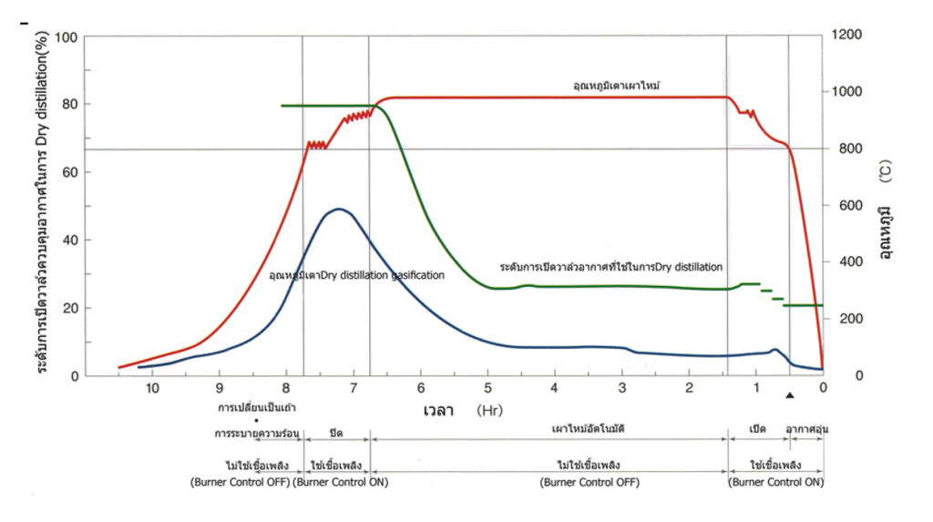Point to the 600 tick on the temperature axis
pos(840,205)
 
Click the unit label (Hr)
pos(488,411)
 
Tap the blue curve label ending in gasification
pos(356,273)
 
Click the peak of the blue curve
pos(338,209)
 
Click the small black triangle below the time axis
pos(790,394)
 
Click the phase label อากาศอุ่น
pos(806,428)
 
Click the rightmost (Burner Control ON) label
pos(777,482)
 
